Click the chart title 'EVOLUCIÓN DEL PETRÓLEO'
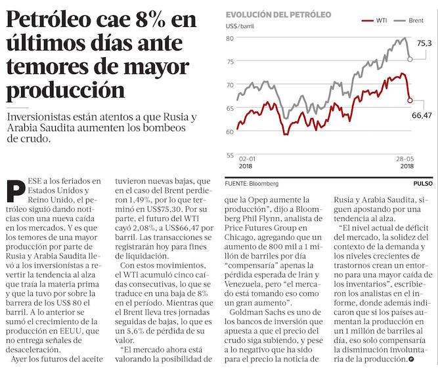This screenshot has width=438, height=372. coord(278,14)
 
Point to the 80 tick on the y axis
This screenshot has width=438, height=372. coord(230,38)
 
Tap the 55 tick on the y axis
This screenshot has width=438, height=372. coord(230,155)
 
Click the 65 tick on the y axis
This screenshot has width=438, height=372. coord(230,108)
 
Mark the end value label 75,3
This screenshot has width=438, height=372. coord(424,43)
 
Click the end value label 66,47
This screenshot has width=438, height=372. coord(425,115)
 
